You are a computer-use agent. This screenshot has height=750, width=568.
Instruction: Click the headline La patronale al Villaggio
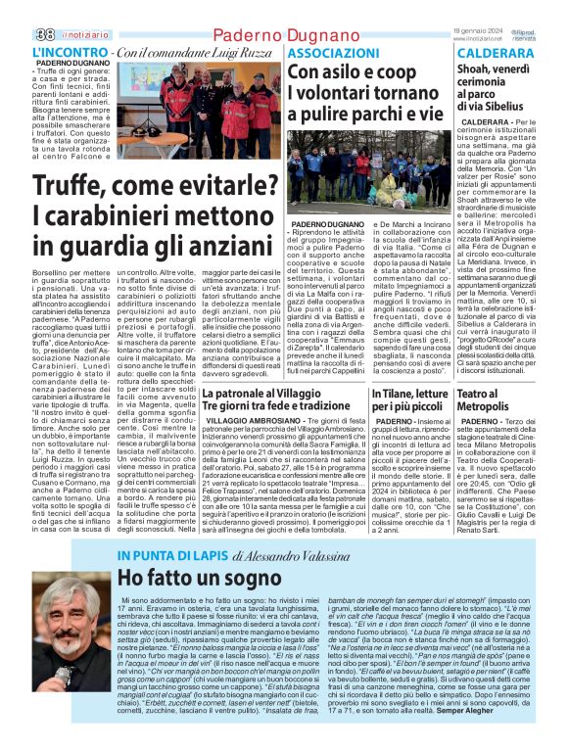coord(260,393)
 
